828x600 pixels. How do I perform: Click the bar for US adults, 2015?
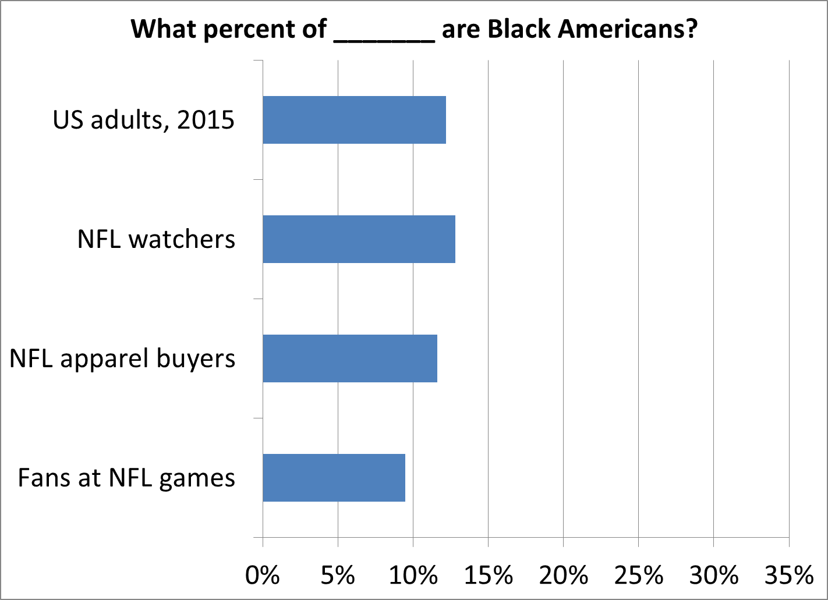pos(354,120)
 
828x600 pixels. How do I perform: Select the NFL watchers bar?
pos(359,239)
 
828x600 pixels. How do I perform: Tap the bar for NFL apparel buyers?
pos(350,358)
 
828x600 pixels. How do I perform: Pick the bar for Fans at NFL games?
pos(334,478)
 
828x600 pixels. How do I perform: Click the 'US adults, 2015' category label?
pos(144,120)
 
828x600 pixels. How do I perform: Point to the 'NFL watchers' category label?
pos(156,239)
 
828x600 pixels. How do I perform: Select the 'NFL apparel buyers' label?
pos(122,358)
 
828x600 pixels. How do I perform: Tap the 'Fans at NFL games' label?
pos(126,478)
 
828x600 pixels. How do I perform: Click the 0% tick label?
pos(263,575)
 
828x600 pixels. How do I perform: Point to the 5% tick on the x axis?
pos(338,575)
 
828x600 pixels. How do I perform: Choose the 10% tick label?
pos(413,575)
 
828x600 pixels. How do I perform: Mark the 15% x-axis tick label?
pos(488,575)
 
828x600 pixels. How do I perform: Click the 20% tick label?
pos(563,575)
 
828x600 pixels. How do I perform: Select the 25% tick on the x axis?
pos(639,575)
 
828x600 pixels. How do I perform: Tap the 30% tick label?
pos(714,575)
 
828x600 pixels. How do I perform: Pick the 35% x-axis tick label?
pos(789,575)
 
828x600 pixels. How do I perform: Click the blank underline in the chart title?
pos(384,36)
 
